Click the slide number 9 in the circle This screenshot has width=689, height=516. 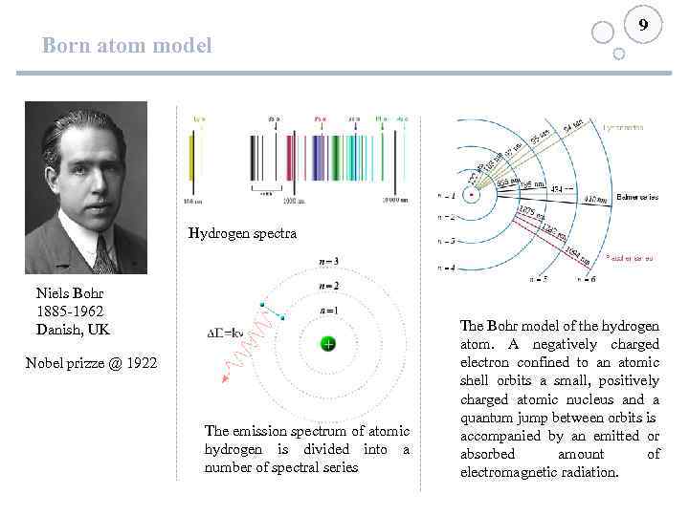[643, 25]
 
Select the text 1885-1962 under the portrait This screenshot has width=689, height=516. [69, 312]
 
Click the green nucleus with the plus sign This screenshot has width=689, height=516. [326, 344]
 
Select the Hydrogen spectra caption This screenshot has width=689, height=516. [242, 233]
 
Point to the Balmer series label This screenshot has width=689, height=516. [637, 198]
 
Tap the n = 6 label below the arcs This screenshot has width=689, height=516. [586, 280]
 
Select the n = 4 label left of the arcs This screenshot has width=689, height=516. [445, 267]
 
